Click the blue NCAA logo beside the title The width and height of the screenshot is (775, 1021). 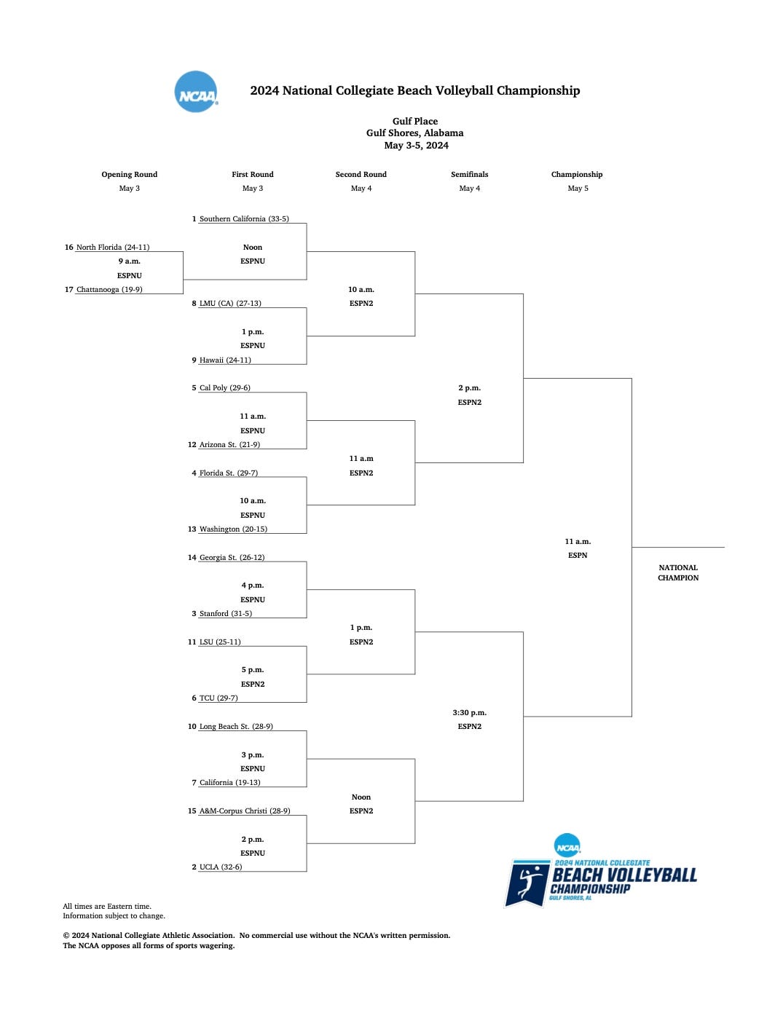[196, 92]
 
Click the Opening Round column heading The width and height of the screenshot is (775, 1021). [130, 174]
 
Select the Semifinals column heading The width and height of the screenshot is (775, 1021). [470, 174]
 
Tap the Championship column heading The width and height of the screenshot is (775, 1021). [577, 174]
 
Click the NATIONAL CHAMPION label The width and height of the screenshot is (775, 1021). [678, 572]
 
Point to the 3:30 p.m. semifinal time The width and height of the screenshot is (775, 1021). [470, 712]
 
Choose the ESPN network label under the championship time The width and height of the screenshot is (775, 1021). [578, 555]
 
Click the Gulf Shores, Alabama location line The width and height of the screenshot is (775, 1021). [415, 133]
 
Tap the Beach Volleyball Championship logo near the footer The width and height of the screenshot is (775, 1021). [602, 874]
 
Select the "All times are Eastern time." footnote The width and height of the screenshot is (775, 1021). [107, 906]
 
